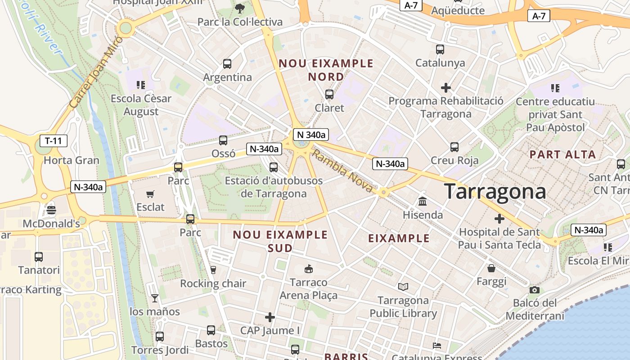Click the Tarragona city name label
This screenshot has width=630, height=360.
pyautogui.click(x=495, y=192)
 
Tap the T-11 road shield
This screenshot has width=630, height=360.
pyautogui.click(x=54, y=141)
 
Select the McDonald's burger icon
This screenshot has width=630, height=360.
pyautogui.click(x=51, y=210)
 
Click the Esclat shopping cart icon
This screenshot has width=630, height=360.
pyautogui.click(x=150, y=194)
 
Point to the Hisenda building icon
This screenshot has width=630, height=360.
pyautogui.click(x=422, y=201)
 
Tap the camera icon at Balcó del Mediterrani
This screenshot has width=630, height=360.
pyautogui.click(x=534, y=290)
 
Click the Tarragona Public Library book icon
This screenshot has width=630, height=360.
pyautogui.click(x=403, y=287)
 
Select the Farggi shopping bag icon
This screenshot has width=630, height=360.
pyautogui.click(x=491, y=268)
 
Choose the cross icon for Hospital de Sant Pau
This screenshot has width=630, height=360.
pyautogui.click(x=499, y=219)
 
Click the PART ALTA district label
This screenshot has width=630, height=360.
pyautogui.click(x=562, y=155)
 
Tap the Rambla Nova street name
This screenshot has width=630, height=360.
pyautogui.click(x=342, y=171)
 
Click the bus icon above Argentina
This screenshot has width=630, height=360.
pyautogui.click(x=227, y=64)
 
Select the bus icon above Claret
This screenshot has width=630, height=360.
pyautogui.click(x=329, y=94)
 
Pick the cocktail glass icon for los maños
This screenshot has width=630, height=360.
pyautogui.click(x=155, y=298)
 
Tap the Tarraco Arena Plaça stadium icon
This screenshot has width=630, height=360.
pyautogui.click(x=308, y=269)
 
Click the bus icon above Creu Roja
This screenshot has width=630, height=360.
pyautogui.click(x=454, y=147)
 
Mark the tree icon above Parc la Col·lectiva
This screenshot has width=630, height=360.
pyautogui.click(x=240, y=8)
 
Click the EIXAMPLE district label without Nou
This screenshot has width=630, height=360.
pyautogui.click(x=399, y=238)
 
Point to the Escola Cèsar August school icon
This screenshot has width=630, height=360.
pyautogui.click(x=141, y=85)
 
